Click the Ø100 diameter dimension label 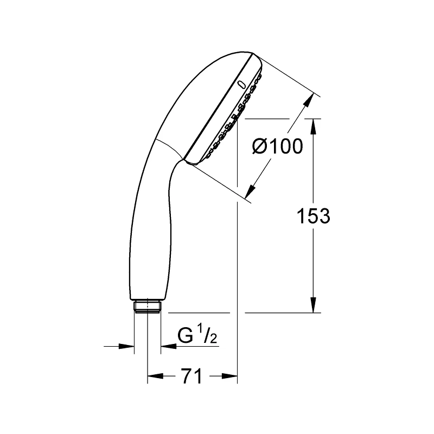pos(278,146)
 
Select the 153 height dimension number pos(314,216)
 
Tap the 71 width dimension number pos(193,376)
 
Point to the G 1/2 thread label pos(197,336)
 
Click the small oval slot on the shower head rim pos(242,85)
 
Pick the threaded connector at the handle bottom pos(147,307)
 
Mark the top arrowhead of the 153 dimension pos(313,126)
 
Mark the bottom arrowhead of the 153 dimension pos(313,305)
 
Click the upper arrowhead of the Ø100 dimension pos(308,100)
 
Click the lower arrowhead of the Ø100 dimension pos(251,192)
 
